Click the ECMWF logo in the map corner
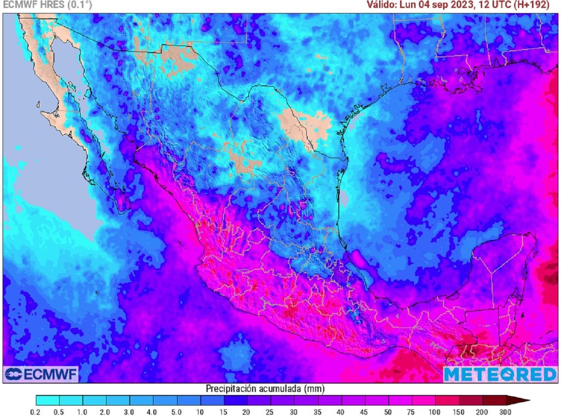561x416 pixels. point(42,374)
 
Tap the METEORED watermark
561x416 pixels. point(500,374)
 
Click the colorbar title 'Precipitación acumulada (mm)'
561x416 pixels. point(265,389)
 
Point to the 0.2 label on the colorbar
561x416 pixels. point(36,411)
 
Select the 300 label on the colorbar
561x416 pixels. point(505,411)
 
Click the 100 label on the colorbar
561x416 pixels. point(435,411)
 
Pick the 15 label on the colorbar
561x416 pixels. point(224,411)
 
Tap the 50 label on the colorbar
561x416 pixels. point(388,411)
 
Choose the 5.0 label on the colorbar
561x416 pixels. point(177,411)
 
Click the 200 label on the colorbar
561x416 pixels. point(482,411)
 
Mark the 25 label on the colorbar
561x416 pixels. point(271,411)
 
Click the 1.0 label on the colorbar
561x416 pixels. point(83,411)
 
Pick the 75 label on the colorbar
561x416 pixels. point(411,411)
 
